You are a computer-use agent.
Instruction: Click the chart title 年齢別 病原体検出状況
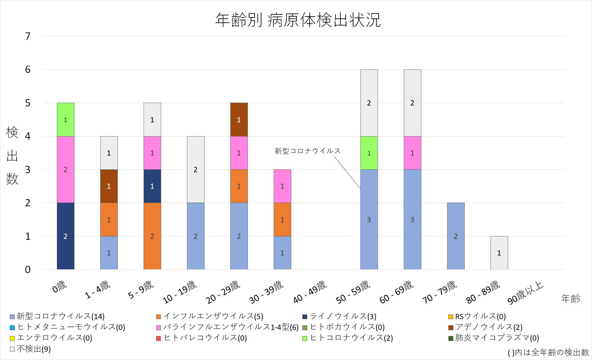[x=298, y=20]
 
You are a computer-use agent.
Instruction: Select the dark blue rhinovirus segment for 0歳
[x=66, y=236]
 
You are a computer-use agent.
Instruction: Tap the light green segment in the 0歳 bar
[x=66, y=120]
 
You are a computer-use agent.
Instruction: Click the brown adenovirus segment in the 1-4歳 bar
[x=109, y=186]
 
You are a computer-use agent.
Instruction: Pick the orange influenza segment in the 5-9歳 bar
[x=152, y=236]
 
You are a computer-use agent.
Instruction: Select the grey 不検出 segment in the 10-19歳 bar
[x=196, y=169]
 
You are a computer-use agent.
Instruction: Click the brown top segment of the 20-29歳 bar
[x=239, y=120]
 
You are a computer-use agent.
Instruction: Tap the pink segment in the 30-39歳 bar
[x=282, y=186]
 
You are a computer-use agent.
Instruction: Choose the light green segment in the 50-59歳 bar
[x=369, y=153]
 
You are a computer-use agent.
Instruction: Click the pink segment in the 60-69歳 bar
[x=412, y=153]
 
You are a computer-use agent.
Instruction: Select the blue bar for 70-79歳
[x=456, y=236]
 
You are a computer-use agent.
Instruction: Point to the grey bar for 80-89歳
[x=499, y=253]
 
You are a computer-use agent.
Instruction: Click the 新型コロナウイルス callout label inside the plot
[x=308, y=151]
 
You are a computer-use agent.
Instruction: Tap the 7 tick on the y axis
[x=28, y=36]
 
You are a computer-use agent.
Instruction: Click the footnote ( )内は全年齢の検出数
[x=548, y=352]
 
